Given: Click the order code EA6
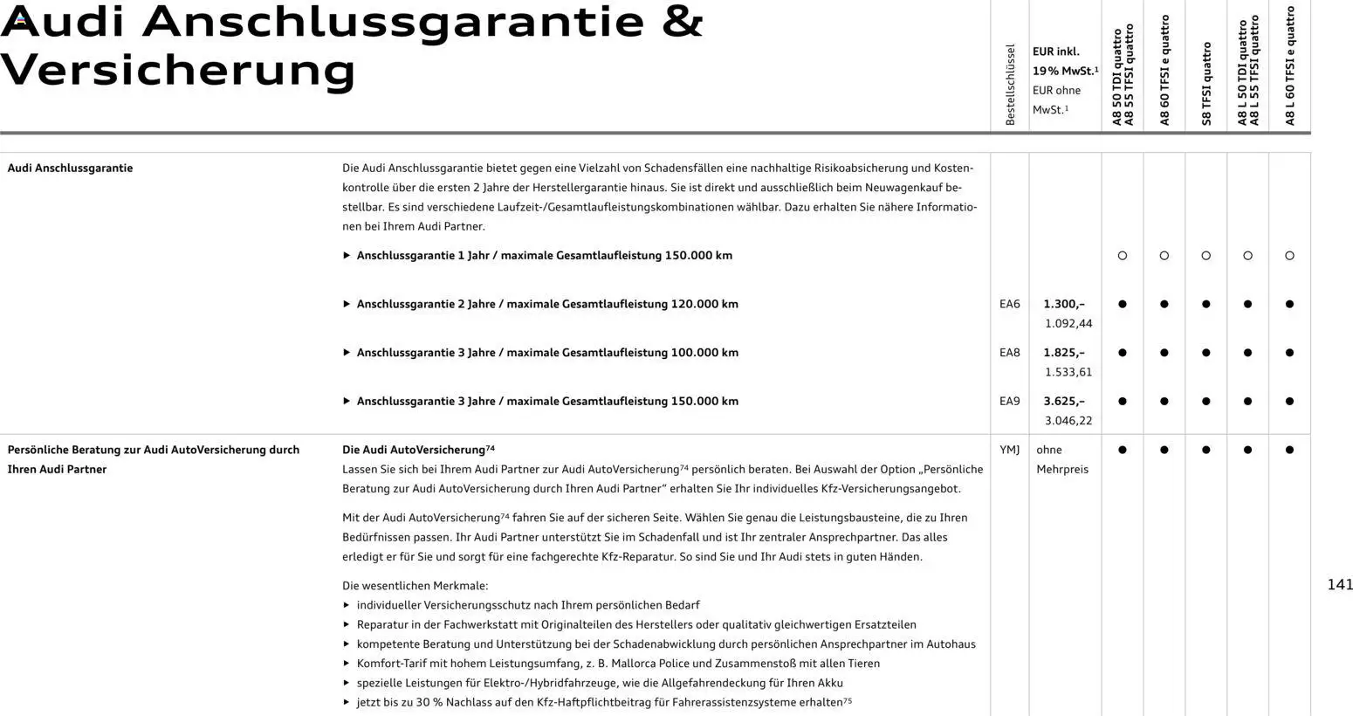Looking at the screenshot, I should [1009, 305].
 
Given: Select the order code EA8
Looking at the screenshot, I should [1009, 353].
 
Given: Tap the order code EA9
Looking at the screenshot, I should [1009, 402].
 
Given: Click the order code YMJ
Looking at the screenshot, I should [1009, 450].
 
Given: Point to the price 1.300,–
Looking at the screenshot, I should [1064, 305].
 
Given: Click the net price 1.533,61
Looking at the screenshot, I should [1068, 372].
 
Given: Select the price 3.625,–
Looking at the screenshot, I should [1064, 402].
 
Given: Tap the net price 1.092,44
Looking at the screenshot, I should [1068, 324].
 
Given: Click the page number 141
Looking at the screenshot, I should [1340, 585].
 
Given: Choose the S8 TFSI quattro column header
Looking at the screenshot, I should [1206, 84].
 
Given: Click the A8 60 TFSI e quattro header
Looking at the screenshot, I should [1164, 70].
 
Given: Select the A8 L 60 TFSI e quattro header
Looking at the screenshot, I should [1290, 65].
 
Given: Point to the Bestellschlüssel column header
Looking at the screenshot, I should [1010, 85].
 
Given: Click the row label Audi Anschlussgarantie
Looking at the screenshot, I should [70, 169].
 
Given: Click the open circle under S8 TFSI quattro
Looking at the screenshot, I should [1206, 256].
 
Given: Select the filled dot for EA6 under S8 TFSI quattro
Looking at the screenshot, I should [1206, 305].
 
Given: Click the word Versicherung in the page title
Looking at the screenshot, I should [178, 70].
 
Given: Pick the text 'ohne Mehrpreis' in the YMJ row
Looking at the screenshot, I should [1062, 459].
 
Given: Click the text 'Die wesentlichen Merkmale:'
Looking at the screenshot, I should [415, 586].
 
